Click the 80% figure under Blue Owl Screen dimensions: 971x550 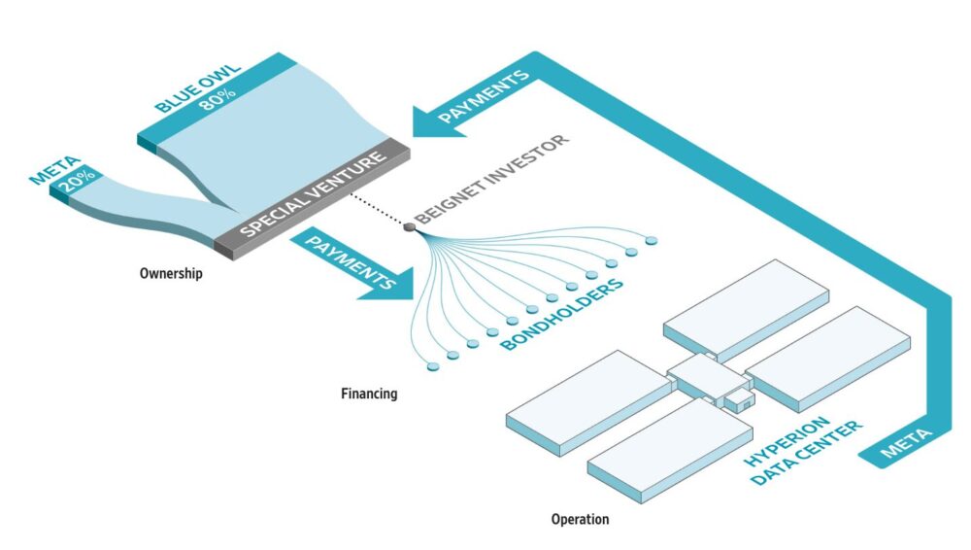pyautogui.click(x=218, y=99)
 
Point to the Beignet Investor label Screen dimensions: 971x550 pyautogui.click(x=491, y=179)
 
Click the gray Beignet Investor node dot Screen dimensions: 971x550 pyautogui.click(x=410, y=227)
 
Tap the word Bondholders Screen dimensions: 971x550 pyautogui.click(x=561, y=314)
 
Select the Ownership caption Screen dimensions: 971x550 pyautogui.click(x=171, y=273)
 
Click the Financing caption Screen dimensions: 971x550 pyautogui.click(x=369, y=394)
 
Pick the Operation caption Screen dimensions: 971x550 pyautogui.click(x=581, y=519)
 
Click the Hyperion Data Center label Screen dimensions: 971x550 pyautogui.click(x=802, y=450)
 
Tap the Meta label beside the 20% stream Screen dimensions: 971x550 pyautogui.click(x=55, y=170)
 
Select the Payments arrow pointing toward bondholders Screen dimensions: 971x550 pyautogui.click(x=353, y=265)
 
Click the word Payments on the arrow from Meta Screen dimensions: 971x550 pyautogui.click(x=484, y=96)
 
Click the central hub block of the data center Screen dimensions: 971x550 pyautogui.click(x=707, y=374)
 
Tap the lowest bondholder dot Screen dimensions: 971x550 pyautogui.click(x=433, y=367)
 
